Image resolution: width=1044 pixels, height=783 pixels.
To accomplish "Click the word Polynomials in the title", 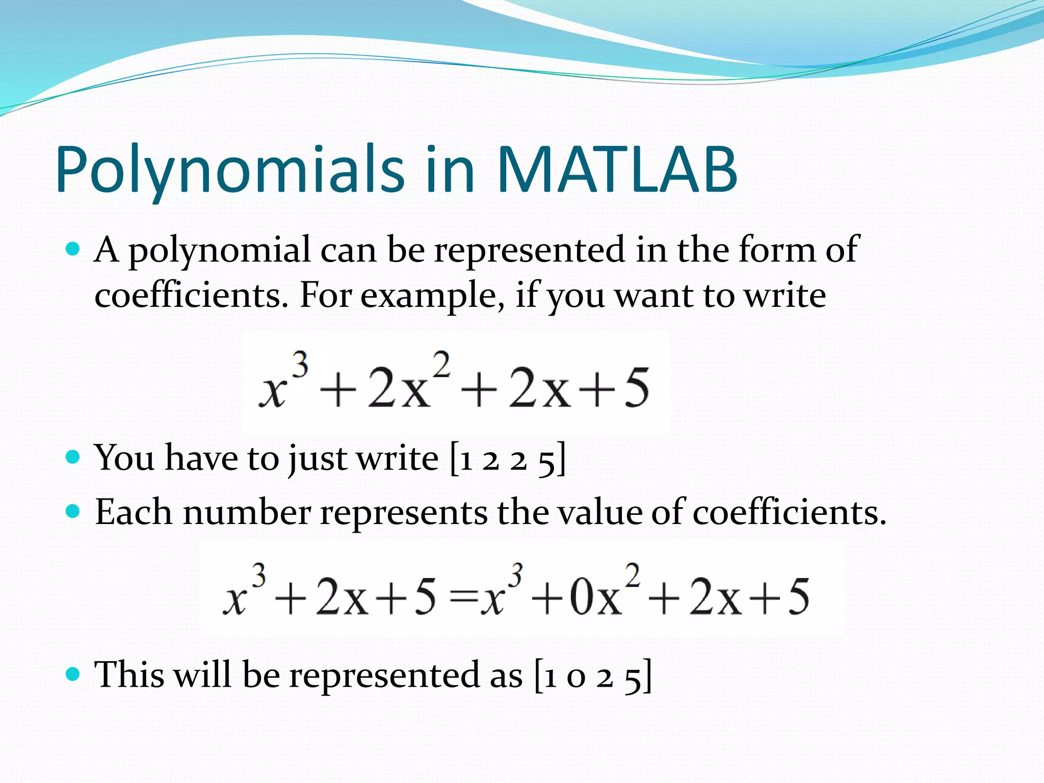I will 229,171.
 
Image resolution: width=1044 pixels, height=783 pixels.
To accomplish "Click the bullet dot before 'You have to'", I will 73,456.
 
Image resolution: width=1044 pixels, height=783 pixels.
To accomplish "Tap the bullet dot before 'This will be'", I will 73,674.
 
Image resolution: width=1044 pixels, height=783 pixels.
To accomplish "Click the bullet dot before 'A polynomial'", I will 73,249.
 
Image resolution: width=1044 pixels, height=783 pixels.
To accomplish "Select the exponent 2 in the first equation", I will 441,364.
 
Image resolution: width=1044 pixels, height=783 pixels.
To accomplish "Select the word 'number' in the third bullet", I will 247,512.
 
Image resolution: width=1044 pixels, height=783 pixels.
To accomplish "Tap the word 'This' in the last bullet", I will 129,674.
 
